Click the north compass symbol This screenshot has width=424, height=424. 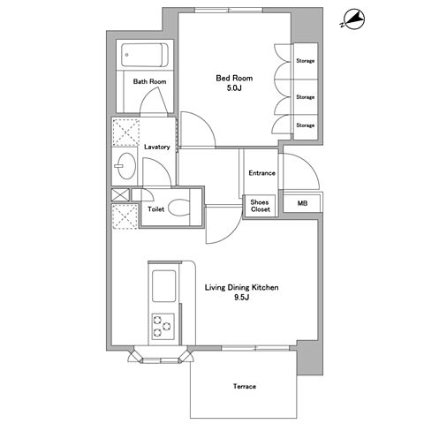pos(354,19)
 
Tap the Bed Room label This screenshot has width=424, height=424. pos(234,79)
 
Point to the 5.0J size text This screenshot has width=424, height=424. pos(234,88)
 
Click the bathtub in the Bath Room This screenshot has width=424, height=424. pos(145,55)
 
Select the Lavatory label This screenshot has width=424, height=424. pos(157,147)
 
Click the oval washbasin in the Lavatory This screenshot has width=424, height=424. pos(127,165)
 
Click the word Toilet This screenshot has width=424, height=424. pos(156,209)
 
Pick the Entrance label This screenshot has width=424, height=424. pos(261,173)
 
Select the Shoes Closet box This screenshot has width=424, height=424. pos(261,206)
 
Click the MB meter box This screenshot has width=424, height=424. pos(302,203)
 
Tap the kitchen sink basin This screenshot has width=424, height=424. pos(163,286)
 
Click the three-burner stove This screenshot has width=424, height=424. pos(163,327)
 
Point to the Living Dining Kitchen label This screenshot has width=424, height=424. pos(241,287)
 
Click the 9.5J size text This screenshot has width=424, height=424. pos(241,298)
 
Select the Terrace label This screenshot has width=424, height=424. pos(245,386)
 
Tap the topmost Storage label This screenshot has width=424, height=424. pos(306,61)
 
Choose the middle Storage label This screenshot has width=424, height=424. pos(306,97)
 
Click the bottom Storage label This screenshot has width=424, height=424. pos(306,125)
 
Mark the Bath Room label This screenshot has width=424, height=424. pos(149,81)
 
